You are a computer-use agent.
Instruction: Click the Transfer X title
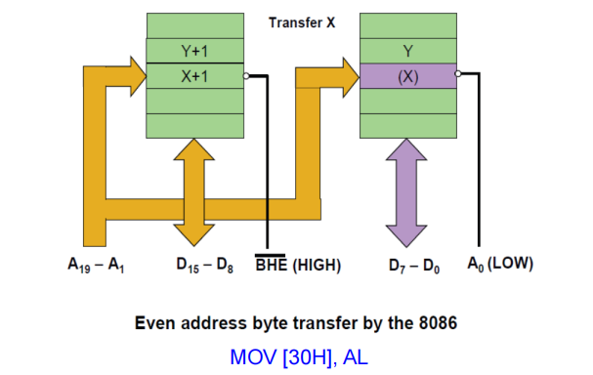tap(302, 22)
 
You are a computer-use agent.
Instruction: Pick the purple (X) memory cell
tap(407, 76)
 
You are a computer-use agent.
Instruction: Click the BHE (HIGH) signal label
tap(297, 265)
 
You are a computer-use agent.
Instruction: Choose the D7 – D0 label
tap(415, 265)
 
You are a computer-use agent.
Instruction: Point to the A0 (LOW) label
tap(499, 265)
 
